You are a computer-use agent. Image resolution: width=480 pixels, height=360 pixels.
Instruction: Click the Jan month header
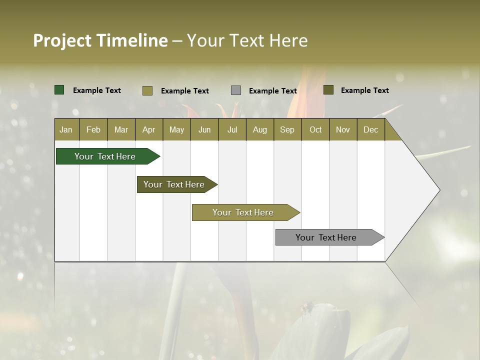(66, 129)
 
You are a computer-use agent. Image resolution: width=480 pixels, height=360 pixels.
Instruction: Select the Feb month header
(93, 129)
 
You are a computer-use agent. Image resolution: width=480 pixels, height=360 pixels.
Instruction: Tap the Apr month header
(149, 129)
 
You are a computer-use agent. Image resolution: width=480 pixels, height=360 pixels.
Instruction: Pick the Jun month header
(204, 129)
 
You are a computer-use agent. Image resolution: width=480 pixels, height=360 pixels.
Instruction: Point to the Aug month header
(260, 129)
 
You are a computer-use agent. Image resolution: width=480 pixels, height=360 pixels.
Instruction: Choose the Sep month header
(287, 129)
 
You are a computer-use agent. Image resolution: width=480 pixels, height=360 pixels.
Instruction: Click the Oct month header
(315, 129)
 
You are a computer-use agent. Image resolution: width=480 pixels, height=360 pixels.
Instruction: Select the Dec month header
(371, 129)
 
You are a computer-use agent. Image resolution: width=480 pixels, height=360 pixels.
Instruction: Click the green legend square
(59, 90)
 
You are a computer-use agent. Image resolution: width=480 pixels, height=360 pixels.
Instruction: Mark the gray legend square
(236, 90)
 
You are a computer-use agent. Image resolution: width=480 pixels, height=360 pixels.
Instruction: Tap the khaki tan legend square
(147, 90)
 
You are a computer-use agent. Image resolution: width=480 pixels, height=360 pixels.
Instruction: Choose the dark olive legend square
(328, 90)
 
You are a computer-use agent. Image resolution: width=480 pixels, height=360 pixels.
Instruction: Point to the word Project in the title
(62, 40)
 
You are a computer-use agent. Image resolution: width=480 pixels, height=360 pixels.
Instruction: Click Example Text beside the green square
(97, 90)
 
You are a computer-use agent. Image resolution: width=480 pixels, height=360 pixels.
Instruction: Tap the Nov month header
(343, 129)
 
